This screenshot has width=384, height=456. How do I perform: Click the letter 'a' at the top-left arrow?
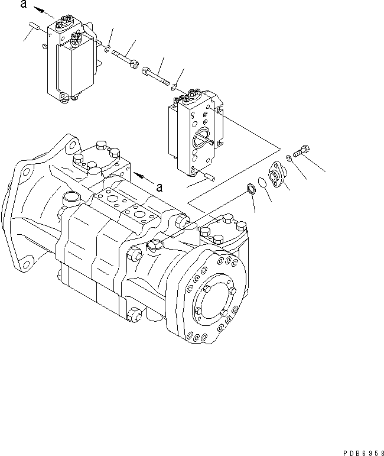point(23,5)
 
